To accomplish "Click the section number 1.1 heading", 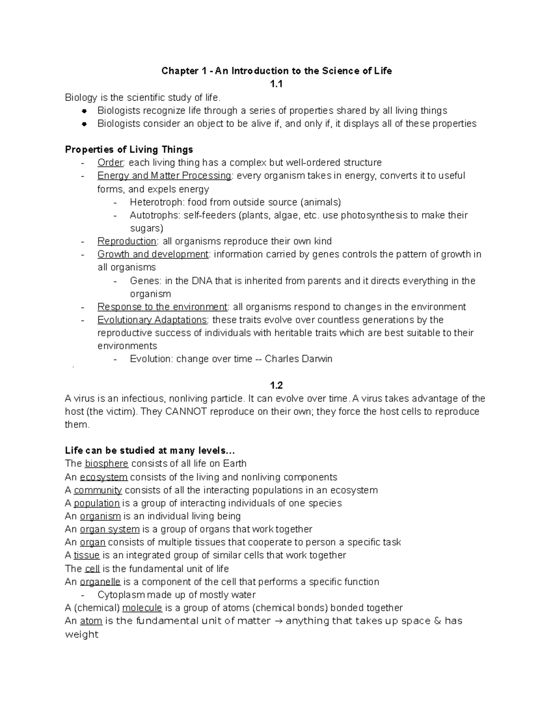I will tap(276, 84).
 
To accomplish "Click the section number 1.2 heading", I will tap(276, 385).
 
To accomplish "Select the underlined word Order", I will tap(110, 163).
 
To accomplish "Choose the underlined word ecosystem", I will tap(103, 477).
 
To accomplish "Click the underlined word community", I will tap(98, 490).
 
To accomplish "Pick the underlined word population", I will tap(96, 503).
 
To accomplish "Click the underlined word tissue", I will tap(87, 555).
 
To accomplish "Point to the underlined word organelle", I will tap(100, 581).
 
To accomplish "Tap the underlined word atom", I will tap(91, 621).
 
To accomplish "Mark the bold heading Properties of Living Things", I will tap(129, 149).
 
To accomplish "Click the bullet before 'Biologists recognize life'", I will tap(84, 110).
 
